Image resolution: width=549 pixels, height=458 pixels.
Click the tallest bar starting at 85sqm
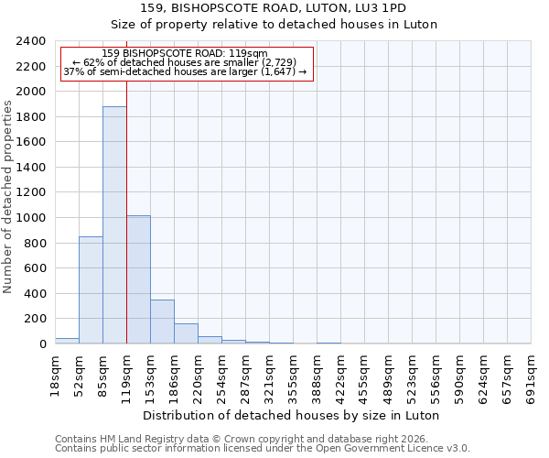click(x=114, y=225)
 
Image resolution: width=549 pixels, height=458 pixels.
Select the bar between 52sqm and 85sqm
click(x=91, y=290)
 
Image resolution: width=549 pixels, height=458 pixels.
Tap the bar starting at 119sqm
click(x=138, y=279)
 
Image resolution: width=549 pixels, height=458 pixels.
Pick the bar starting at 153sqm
click(x=162, y=322)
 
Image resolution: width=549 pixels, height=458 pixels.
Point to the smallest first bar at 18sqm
click(x=67, y=341)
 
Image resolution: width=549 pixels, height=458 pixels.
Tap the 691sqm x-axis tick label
click(x=532, y=375)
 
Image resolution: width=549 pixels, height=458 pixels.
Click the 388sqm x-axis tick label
click(x=318, y=375)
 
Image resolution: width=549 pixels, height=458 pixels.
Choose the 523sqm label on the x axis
click(x=413, y=375)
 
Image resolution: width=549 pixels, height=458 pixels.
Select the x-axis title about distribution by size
click(x=293, y=415)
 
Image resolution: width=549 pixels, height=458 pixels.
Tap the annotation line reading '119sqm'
click(x=186, y=54)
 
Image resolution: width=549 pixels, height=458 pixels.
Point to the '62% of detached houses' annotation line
click(x=186, y=62)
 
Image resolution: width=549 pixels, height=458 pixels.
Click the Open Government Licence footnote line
click(x=263, y=448)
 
